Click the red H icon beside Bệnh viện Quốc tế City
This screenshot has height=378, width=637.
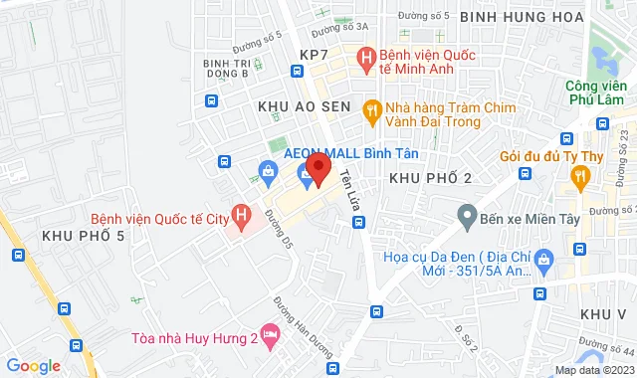240,214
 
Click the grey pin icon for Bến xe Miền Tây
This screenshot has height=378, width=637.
465,214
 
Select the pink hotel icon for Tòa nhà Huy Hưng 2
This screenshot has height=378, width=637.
268,332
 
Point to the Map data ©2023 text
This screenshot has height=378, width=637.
592,370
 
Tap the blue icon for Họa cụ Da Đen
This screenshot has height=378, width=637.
544,262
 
